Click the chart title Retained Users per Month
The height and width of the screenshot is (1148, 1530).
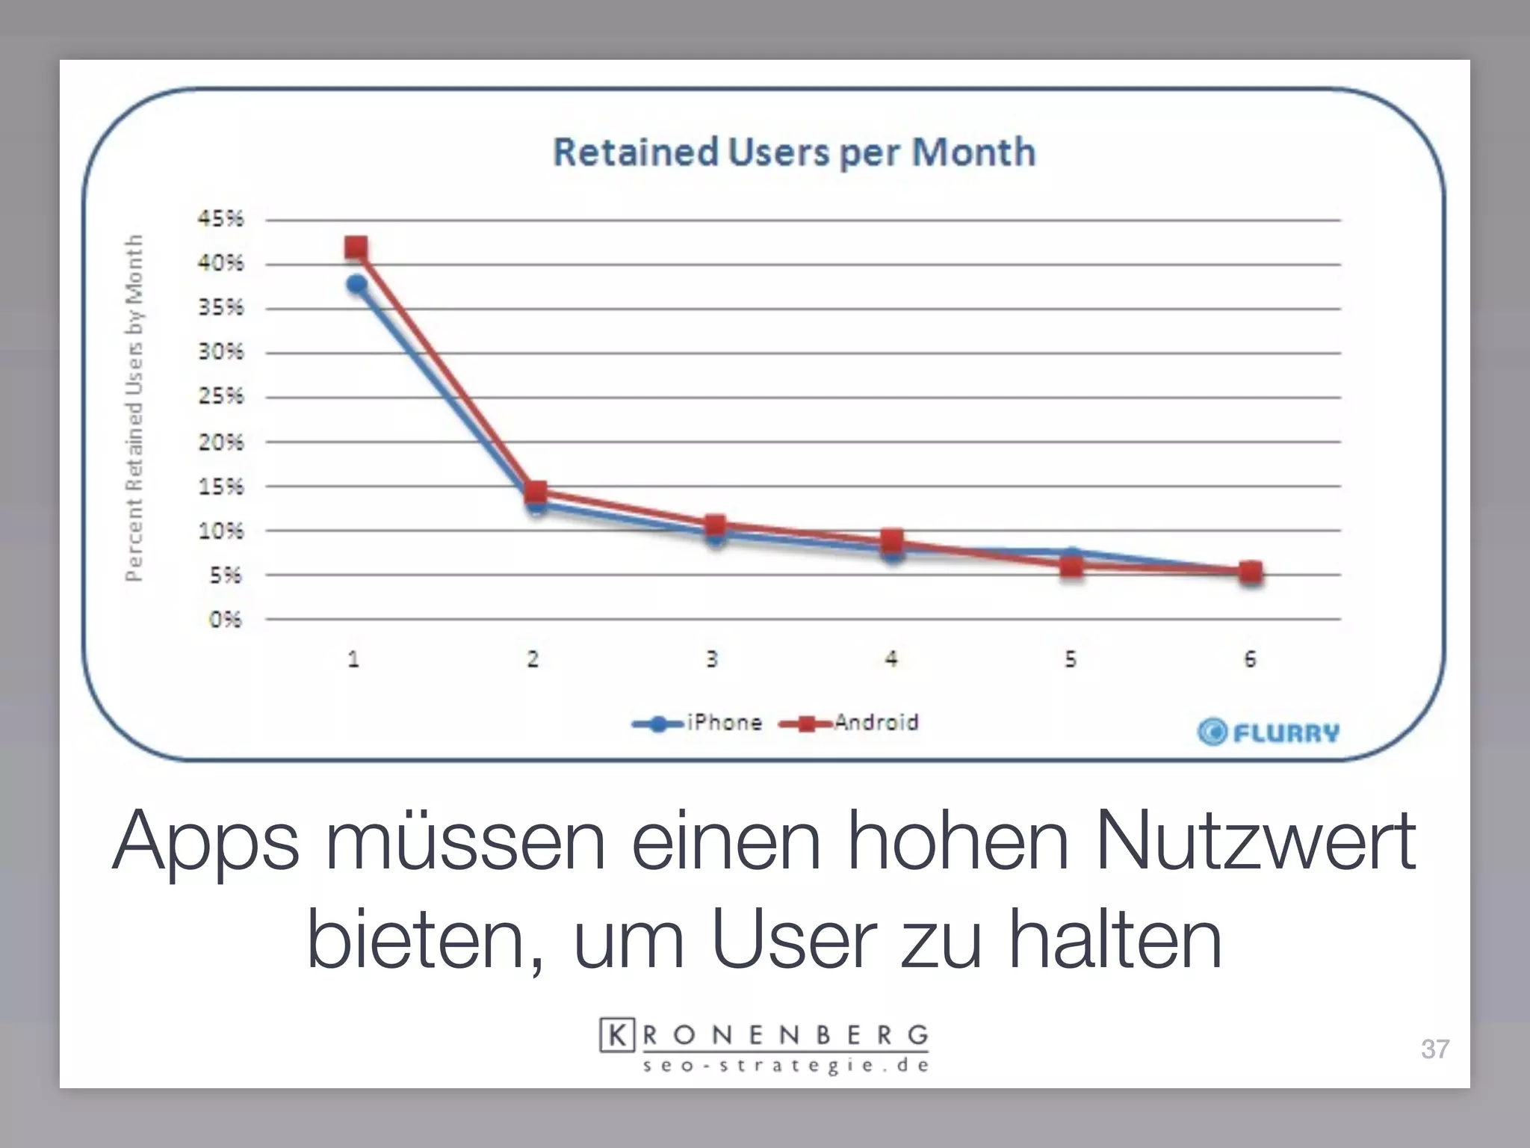pos(794,152)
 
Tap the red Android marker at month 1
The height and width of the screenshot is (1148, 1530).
pos(356,247)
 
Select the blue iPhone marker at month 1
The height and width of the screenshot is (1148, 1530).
pos(356,284)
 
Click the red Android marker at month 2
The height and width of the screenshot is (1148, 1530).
pos(536,492)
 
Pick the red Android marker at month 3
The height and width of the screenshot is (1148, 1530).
pos(715,525)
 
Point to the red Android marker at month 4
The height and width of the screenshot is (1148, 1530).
pos(892,540)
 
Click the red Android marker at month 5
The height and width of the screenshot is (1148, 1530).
pos(1071,567)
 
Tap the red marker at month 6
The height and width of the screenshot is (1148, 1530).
pos(1251,573)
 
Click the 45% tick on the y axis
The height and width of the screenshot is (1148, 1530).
pos(220,219)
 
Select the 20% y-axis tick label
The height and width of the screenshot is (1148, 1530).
pos(220,442)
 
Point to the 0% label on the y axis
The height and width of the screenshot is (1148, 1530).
pos(225,620)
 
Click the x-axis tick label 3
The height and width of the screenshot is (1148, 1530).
pos(712,659)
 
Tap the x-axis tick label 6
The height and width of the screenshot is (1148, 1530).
pos(1250,659)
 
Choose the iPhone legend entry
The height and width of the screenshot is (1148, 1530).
pos(698,723)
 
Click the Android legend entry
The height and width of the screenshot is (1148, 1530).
pos(849,723)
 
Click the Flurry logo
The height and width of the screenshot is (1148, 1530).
pos(1268,732)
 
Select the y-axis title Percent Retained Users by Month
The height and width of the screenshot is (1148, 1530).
pos(134,407)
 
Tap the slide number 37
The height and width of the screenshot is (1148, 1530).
pos(1434,1049)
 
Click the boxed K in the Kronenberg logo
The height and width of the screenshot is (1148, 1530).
pos(617,1035)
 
